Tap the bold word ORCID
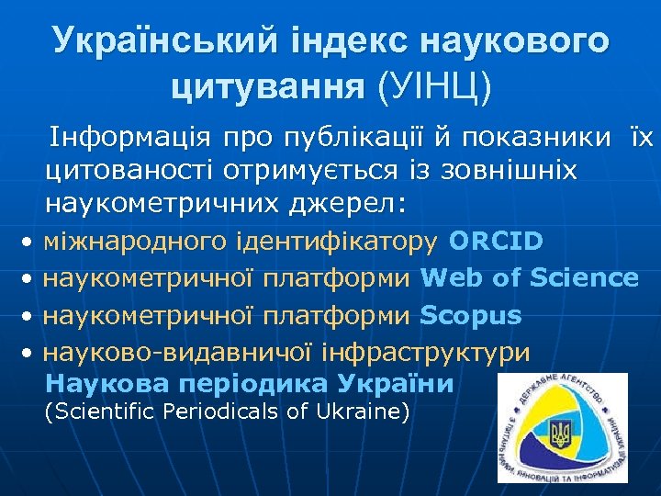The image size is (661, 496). (x=496, y=241)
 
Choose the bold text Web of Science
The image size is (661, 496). (x=530, y=277)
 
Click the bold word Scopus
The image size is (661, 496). (x=471, y=315)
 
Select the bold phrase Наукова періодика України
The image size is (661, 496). (x=249, y=383)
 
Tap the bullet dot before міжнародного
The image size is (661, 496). (x=29, y=242)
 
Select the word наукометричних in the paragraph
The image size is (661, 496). (x=156, y=201)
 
